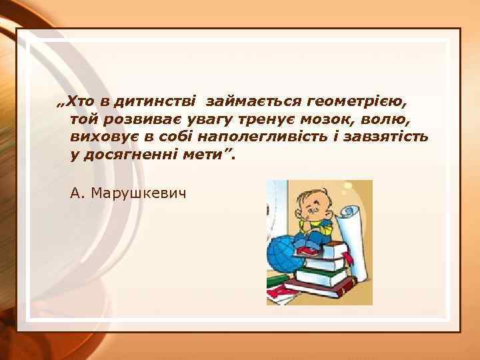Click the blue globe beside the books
point(280,254)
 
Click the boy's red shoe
point(306,251)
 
